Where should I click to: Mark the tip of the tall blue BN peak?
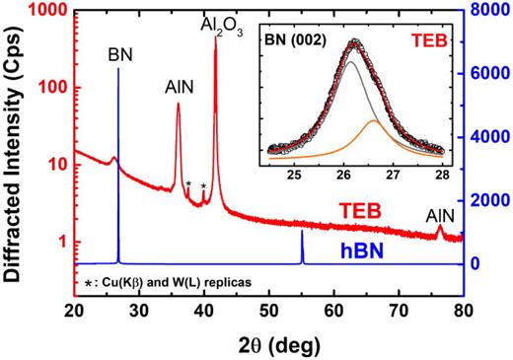(118, 69)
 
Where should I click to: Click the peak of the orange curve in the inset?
(373, 120)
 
